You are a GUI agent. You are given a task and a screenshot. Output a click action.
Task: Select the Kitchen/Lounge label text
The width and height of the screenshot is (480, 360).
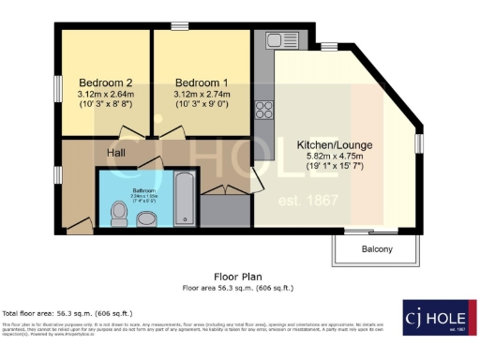tap(334, 145)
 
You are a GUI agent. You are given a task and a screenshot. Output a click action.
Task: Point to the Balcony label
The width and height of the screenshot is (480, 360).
tap(377, 249)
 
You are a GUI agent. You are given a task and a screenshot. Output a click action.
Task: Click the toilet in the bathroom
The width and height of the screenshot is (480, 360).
tap(118, 216)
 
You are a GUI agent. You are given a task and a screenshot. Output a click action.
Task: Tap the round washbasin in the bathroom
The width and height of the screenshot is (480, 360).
tap(147, 218)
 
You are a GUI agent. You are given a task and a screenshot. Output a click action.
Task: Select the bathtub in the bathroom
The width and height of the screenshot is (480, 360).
tap(184, 198)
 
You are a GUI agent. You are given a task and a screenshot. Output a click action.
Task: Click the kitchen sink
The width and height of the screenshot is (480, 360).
tap(278, 40)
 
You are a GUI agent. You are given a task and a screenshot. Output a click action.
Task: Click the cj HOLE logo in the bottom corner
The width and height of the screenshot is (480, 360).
tap(436, 318)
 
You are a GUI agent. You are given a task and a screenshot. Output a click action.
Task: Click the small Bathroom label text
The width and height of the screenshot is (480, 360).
tap(139, 191)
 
